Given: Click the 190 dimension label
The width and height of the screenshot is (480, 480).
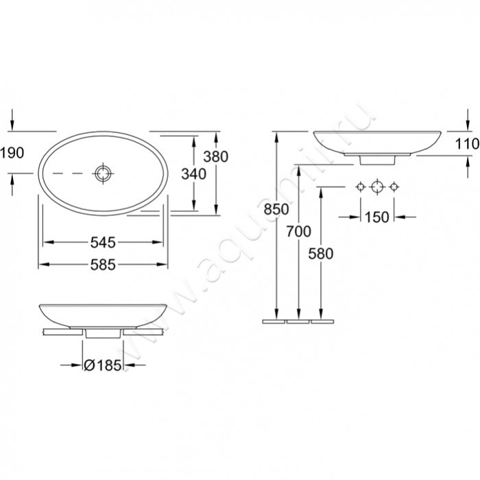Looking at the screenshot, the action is [x=12, y=152].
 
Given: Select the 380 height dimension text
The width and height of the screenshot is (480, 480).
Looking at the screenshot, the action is [x=216, y=156].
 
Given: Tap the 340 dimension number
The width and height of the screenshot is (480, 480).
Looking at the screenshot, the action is [x=194, y=174].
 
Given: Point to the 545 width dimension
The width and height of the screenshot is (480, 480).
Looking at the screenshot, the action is [x=103, y=242].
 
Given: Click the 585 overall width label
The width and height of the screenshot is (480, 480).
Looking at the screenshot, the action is [x=103, y=265].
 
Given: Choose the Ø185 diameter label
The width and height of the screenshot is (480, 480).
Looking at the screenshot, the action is [x=103, y=365].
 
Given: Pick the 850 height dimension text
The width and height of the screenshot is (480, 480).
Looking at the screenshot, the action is [x=276, y=209].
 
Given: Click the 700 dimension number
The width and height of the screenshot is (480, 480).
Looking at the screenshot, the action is [x=299, y=231].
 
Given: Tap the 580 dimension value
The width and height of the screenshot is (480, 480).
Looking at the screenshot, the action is [x=320, y=254].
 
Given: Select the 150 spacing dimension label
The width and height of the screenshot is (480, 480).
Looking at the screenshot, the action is [x=377, y=217].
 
